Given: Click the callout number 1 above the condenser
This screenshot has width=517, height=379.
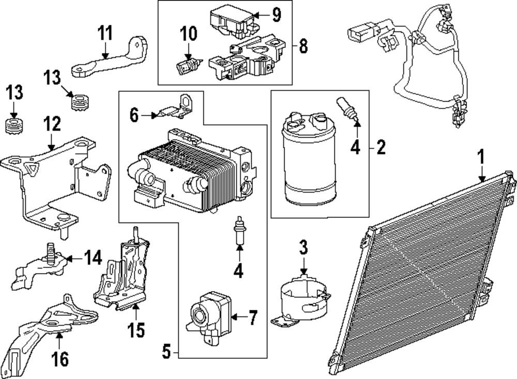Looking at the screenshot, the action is click(x=482, y=157).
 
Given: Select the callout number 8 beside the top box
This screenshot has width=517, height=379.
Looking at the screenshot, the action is click(x=303, y=46).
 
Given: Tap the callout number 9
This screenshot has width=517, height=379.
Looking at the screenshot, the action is click(x=276, y=15).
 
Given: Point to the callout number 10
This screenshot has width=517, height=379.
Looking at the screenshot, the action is click(x=188, y=34).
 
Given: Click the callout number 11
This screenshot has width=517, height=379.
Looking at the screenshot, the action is click(x=105, y=33).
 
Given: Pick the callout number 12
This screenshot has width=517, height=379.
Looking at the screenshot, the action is click(x=52, y=124).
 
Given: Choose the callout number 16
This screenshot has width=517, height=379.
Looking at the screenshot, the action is click(x=60, y=358).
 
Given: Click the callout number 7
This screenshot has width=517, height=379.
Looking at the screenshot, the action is click(x=253, y=318).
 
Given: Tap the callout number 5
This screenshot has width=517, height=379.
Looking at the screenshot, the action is click(x=166, y=352).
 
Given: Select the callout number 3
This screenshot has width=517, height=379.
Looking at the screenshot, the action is click(x=303, y=248).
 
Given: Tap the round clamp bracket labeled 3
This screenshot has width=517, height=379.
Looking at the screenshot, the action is click(x=301, y=302).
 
